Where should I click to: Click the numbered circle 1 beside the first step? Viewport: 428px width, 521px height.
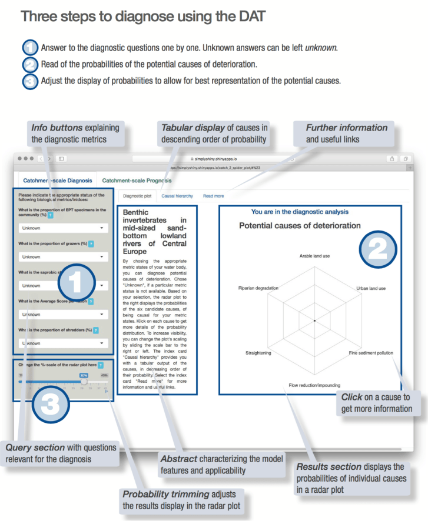coord(31,47)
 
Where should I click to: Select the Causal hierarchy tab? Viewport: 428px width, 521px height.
coord(177,196)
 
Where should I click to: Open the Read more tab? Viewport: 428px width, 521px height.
coord(213,196)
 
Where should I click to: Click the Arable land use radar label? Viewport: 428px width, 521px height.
coord(314,256)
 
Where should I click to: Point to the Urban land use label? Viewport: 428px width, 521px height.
coord(371,289)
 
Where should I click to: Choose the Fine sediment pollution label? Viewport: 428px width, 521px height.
coord(371,353)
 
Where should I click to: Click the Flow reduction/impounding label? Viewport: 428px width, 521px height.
coord(314,385)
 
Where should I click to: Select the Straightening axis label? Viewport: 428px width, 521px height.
coord(258,353)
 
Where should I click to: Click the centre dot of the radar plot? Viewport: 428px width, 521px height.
coord(315,320)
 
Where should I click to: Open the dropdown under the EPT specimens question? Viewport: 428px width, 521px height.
coord(62,228)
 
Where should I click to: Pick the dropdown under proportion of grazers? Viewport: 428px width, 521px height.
coord(62,256)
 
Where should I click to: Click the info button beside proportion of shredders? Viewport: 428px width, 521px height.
coord(95,330)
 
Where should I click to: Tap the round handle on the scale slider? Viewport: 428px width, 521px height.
coord(84,381)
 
